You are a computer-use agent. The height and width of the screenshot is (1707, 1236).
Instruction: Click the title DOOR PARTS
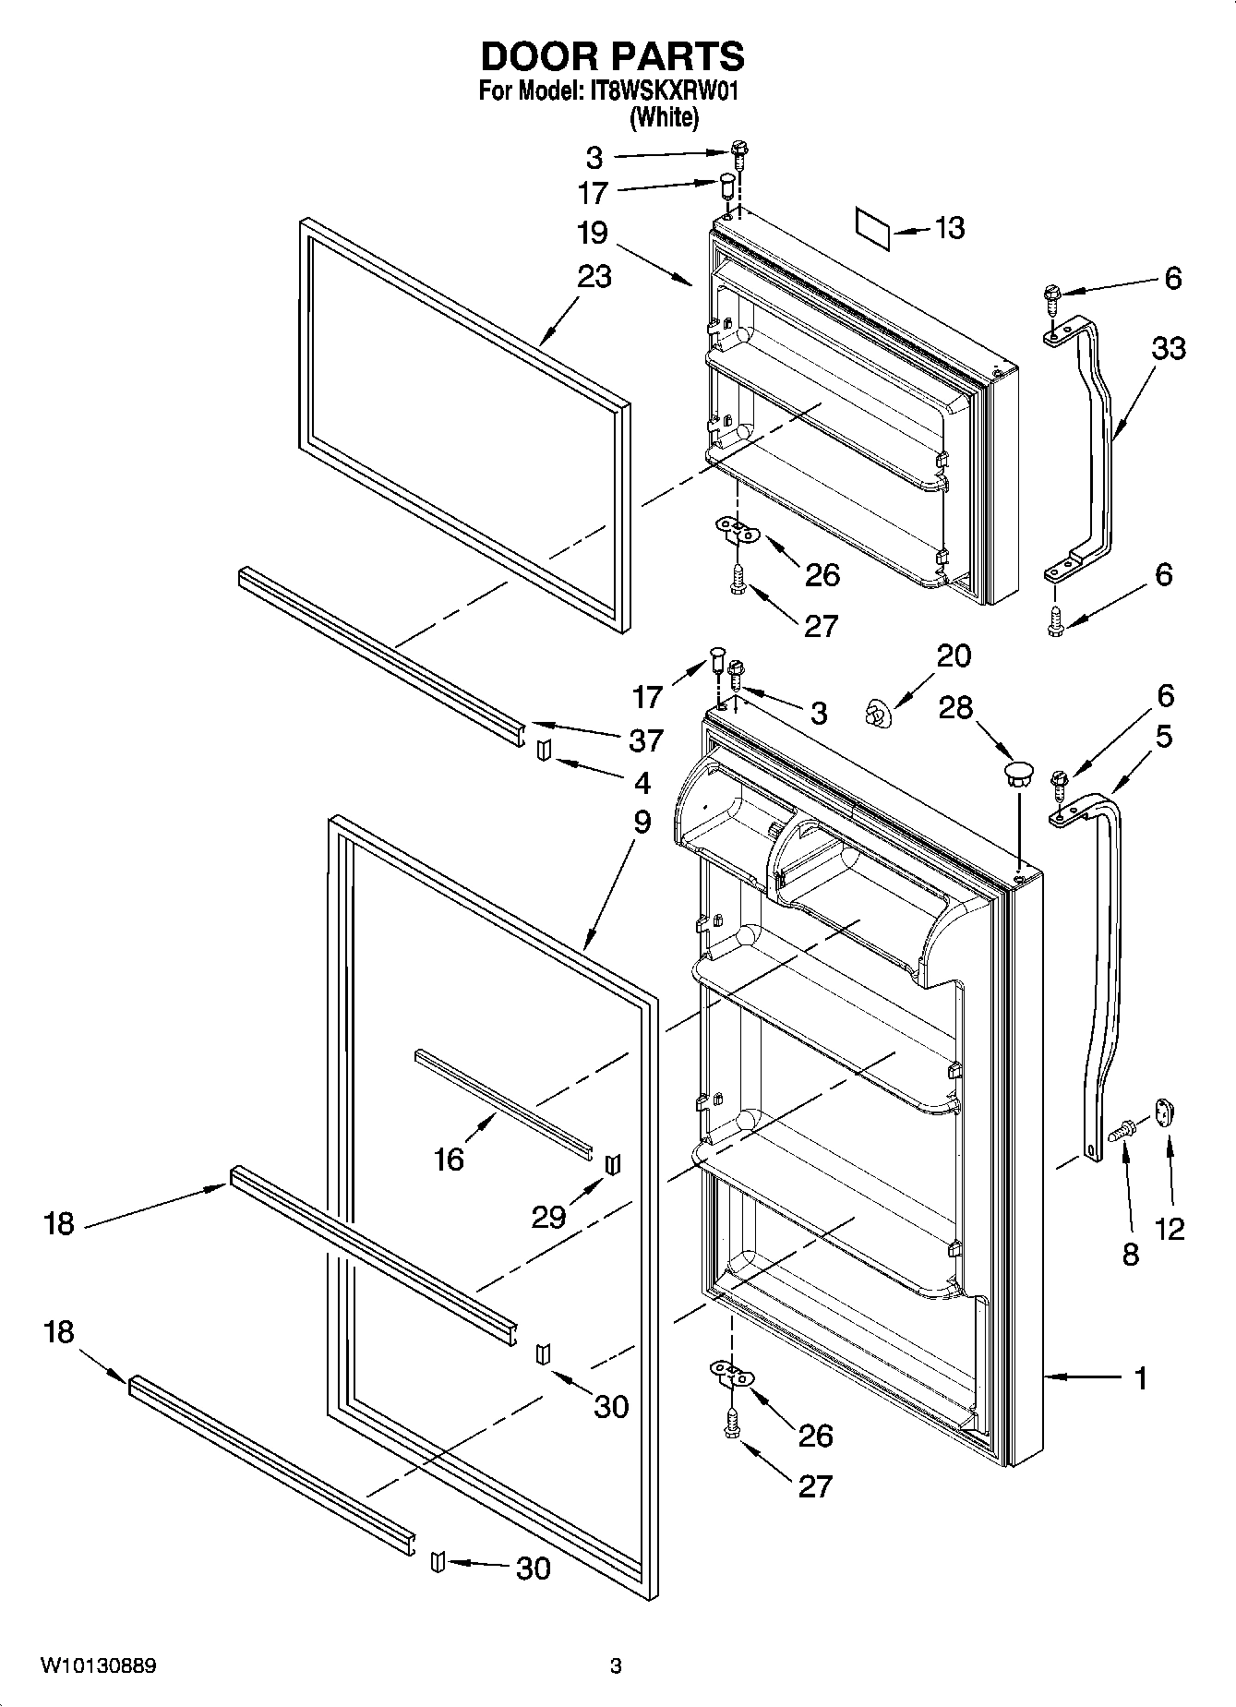click(x=612, y=57)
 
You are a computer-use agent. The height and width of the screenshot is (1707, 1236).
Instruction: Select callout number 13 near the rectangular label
click(x=949, y=227)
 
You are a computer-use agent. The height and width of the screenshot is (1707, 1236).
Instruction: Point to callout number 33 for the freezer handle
click(x=1168, y=349)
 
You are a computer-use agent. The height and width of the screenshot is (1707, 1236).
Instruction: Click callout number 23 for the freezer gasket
click(x=594, y=275)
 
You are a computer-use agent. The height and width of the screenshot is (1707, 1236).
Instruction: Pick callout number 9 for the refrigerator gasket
click(x=642, y=822)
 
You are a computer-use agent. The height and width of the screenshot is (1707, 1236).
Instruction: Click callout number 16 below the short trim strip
click(x=449, y=1159)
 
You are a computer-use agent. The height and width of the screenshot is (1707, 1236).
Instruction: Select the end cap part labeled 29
click(x=611, y=1164)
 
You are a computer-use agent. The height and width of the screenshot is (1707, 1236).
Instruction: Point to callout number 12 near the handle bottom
click(x=1169, y=1229)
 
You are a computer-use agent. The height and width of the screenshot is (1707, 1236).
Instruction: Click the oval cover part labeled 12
click(x=1162, y=1112)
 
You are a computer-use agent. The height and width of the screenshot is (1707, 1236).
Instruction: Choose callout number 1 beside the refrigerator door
click(x=1140, y=1378)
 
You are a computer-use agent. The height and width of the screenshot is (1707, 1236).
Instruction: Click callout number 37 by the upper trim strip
click(x=646, y=739)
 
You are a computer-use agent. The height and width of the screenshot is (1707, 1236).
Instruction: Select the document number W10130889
click(x=98, y=1666)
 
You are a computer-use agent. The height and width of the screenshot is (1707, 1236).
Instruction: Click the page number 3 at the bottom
click(x=616, y=1666)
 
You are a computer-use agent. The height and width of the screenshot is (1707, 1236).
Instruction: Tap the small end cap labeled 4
click(x=543, y=751)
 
